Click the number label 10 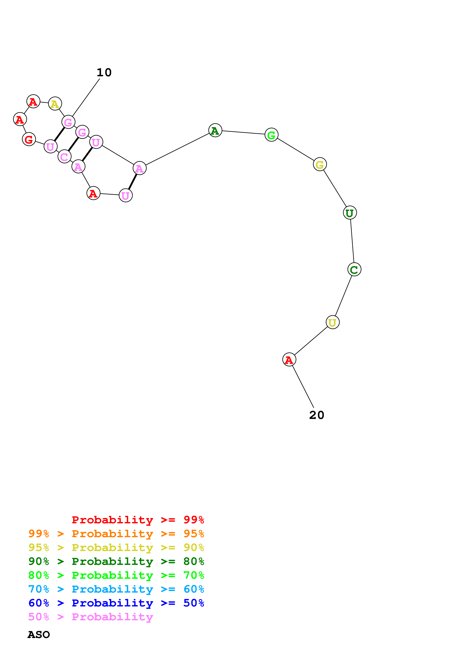[x=104, y=73]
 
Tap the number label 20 [x=317, y=415]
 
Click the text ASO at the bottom [x=39, y=635]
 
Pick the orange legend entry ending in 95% [x=116, y=534]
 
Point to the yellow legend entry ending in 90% [x=116, y=548]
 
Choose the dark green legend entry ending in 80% [x=116, y=561]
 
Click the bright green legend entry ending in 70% [x=116, y=575]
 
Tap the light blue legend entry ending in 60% [x=116, y=589]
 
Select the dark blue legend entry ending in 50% [x=116, y=603]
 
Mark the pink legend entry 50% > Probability [x=91, y=617]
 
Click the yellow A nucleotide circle [x=55, y=104]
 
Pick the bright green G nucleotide [x=271, y=135]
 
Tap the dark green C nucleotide [x=354, y=269]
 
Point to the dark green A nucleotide [x=215, y=130]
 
